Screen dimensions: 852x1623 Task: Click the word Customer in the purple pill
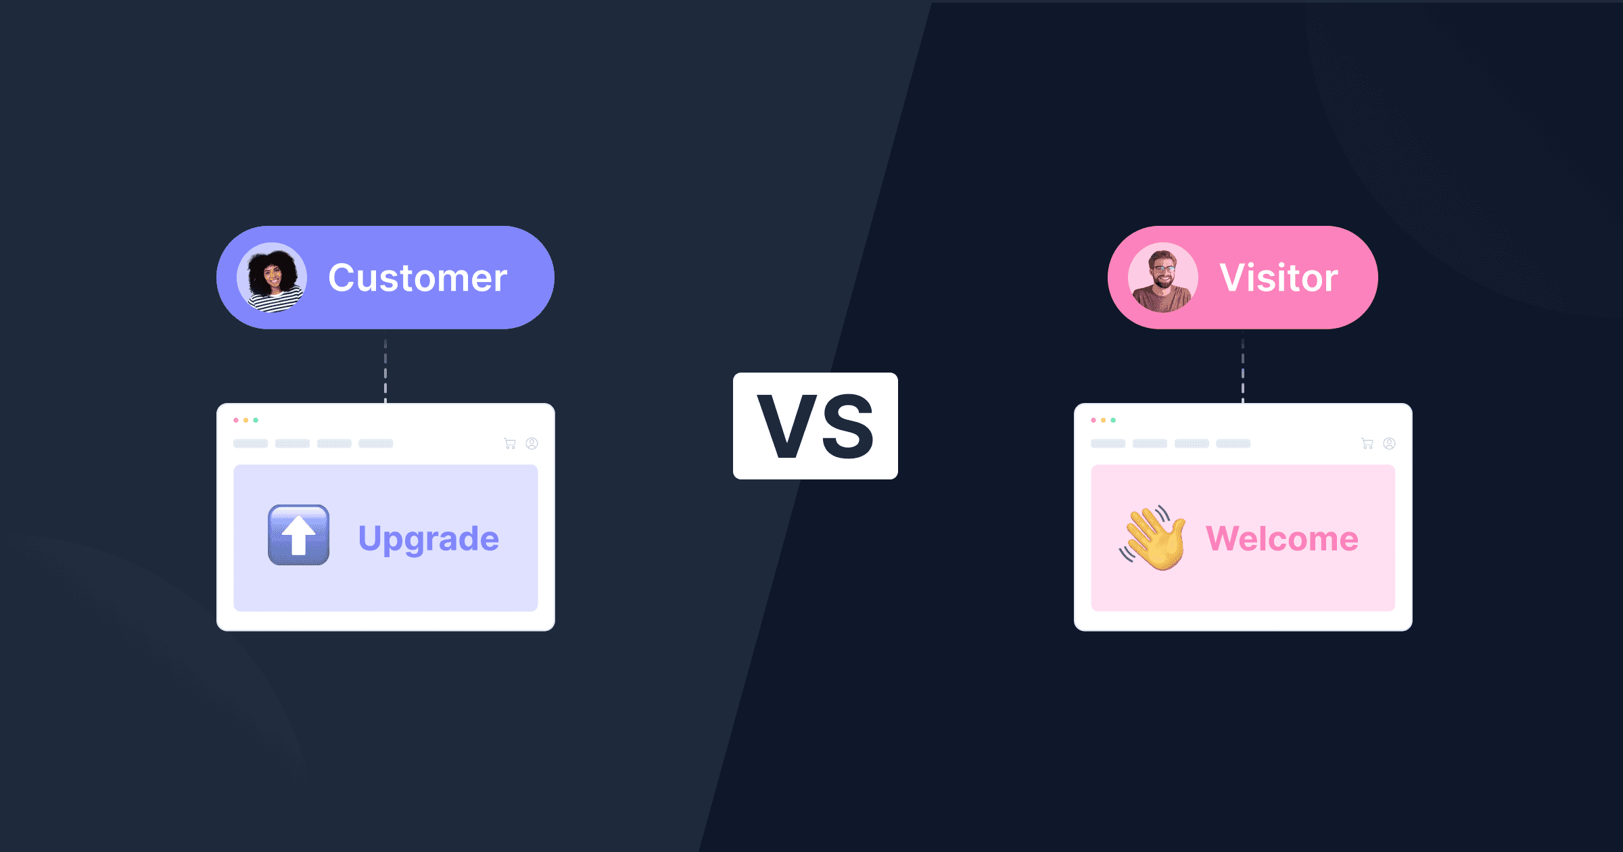pyautogui.click(x=417, y=278)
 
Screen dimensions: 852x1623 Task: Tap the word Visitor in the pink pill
pyautogui.click(x=1278, y=278)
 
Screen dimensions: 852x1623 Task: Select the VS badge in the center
pyautogui.click(x=815, y=426)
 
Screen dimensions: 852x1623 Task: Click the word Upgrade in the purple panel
pyautogui.click(x=429, y=539)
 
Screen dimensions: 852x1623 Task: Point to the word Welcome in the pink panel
pyautogui.click(x=1282, y=539)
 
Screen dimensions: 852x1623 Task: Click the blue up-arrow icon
pyautogui.click(x=299, y=535)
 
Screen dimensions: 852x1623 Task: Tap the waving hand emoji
pyautogui.click(x=1154, y=538)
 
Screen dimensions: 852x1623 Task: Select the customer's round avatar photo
pyautogui.click(x=272, y=278)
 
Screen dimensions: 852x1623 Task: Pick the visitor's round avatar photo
pyautogui.click(x=1163, y=278)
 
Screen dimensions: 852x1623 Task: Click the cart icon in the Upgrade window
pyautogui.click(x=510, y=444)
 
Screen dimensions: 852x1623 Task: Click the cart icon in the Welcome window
pyautogui.click(x=1367, y=444)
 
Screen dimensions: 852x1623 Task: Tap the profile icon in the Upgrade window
pyautogui.click(x=532, y=444)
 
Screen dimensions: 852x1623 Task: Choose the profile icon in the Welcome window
pyautogui.click(x=1389, y=444)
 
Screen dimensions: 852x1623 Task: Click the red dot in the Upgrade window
pyautogui.click(x=236, y=421)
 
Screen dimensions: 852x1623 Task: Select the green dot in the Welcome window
pyautogui.click(x=1113, y=421)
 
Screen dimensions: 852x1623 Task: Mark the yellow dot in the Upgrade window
pyautogui.click(x=246, y=421)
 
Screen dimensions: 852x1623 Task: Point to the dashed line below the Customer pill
pyautogui.click(x=385, y=372)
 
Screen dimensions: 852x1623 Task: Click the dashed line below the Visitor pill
pyautogui.click(x=1243, y=372)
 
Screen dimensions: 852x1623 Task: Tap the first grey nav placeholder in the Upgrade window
pyautogui.click(x=251, y=444)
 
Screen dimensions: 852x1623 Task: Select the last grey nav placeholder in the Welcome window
pyautogui.click(x=1233, y=444)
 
